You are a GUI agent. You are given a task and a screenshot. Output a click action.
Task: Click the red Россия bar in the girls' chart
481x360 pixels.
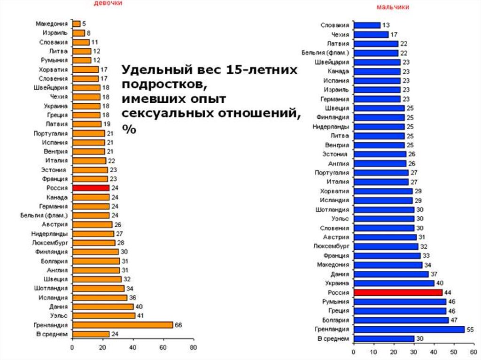[x=91, y=188]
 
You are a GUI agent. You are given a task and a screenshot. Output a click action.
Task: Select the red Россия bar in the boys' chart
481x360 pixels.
[x=398, y=292]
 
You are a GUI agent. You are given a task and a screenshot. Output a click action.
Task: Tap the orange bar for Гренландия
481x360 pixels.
[x=122, y=325]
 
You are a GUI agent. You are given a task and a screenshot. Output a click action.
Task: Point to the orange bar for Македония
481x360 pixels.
[x=76, y=23]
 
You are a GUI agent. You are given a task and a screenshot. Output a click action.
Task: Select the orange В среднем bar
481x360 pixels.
[x=91, y=334]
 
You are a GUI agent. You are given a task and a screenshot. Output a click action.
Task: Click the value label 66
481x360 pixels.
[x=178, y=325]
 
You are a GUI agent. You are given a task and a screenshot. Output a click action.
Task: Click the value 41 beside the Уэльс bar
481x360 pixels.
[x=140, y=315]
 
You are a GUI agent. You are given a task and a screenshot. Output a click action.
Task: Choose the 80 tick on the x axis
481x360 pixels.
[x=193, y=348]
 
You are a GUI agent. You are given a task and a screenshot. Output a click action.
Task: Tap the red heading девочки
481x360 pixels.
[x=108, y=3]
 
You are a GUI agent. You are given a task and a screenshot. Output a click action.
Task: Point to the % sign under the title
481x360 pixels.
[x=129, y=129]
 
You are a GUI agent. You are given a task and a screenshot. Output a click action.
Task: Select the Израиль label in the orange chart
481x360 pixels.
[x=56, y=33]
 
